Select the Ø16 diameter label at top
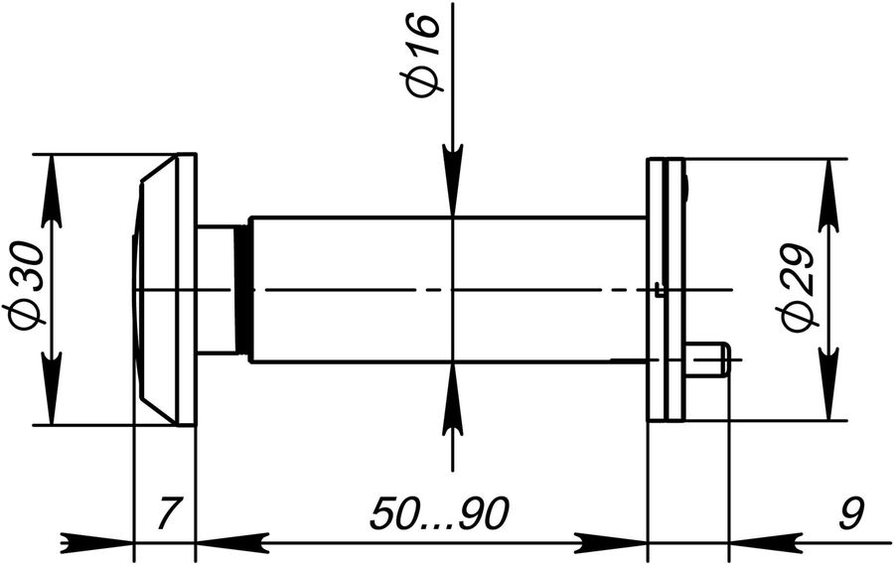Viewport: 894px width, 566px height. click(x=422, y=56)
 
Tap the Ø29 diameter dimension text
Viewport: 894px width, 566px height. click(x=797, y=287)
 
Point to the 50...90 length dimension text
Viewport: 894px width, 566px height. click(x=438, y=513)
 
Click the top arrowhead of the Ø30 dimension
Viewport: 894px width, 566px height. click(x=52, y=191)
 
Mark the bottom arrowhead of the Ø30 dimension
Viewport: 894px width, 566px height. click(x=52, y=388)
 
